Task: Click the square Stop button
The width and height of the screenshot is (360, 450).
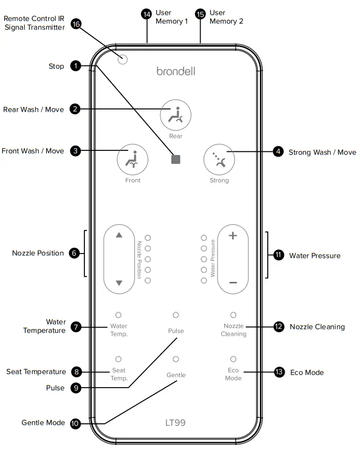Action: [176, 159]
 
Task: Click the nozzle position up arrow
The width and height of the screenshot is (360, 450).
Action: [119, 235]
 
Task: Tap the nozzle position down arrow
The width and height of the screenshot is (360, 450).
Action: [119, 283]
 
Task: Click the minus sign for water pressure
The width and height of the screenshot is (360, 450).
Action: [233, 283]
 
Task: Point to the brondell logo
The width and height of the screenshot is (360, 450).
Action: [176, 71]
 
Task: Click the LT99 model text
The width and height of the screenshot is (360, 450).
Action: [176, 422]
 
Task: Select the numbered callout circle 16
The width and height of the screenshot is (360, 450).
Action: [76, 24]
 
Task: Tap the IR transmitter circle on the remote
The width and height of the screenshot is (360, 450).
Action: [123, 59]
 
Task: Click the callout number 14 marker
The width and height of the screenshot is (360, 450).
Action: [147, 14]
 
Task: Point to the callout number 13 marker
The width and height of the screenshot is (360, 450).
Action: [279, 372]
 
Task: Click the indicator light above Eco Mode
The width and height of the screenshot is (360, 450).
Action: [233, 359]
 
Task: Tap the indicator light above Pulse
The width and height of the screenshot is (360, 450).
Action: [176, 315]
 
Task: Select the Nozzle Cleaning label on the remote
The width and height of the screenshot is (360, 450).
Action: [233, 330]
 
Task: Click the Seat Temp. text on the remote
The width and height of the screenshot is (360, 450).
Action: [118, 374]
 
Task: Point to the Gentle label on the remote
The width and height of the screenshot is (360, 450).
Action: [176, 375]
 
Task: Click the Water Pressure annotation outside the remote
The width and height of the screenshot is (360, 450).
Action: [314, 256]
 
